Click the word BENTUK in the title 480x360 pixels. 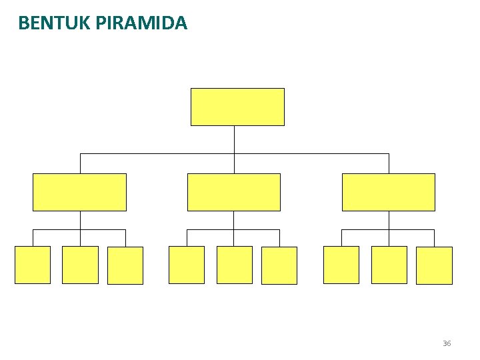tap(55, 24)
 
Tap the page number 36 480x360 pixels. tap(446, 343)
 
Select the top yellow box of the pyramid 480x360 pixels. tap(237, 107)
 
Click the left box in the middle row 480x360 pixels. tap(79, 192)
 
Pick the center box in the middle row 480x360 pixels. tap(234, 192)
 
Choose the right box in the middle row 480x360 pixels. tap(389, 192)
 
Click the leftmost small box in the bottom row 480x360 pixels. tap(33, 265)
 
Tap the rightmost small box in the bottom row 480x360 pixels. tap(434, 265)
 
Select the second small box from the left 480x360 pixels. tap(80, 265)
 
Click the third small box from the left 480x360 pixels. tap(125, 265)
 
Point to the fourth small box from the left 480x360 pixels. tap(187, 265)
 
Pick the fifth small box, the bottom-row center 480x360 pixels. tap(235, 265)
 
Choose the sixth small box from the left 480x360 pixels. tap(279, 265)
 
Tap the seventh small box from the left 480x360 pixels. tap(341, 265)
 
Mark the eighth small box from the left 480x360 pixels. tap(389, 265)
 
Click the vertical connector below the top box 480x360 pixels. tap(235, 139)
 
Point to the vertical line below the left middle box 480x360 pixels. tap(80, 221)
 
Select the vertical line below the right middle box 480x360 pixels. tap(389, 221)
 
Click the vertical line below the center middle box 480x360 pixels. tap(234, 221)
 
